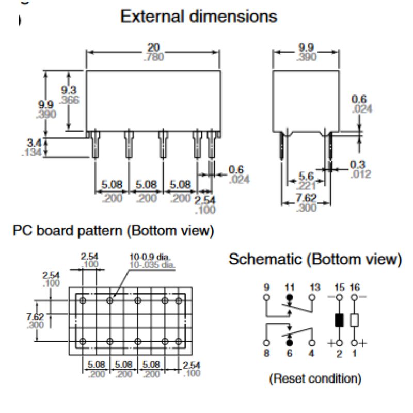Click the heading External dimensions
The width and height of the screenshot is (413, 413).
click(198, 17)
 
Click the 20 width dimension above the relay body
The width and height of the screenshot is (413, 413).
click(153, 48)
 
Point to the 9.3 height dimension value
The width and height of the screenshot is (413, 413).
click(68, 90)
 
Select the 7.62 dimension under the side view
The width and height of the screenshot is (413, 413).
click(307, 198)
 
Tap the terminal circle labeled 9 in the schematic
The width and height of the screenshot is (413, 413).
click(266, 298)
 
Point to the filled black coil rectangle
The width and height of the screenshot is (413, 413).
click(339, 321)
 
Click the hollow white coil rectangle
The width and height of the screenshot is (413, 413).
click(355, 321)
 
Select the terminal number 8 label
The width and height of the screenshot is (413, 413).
click(266, 354)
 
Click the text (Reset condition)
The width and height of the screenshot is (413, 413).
click(314, 378)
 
